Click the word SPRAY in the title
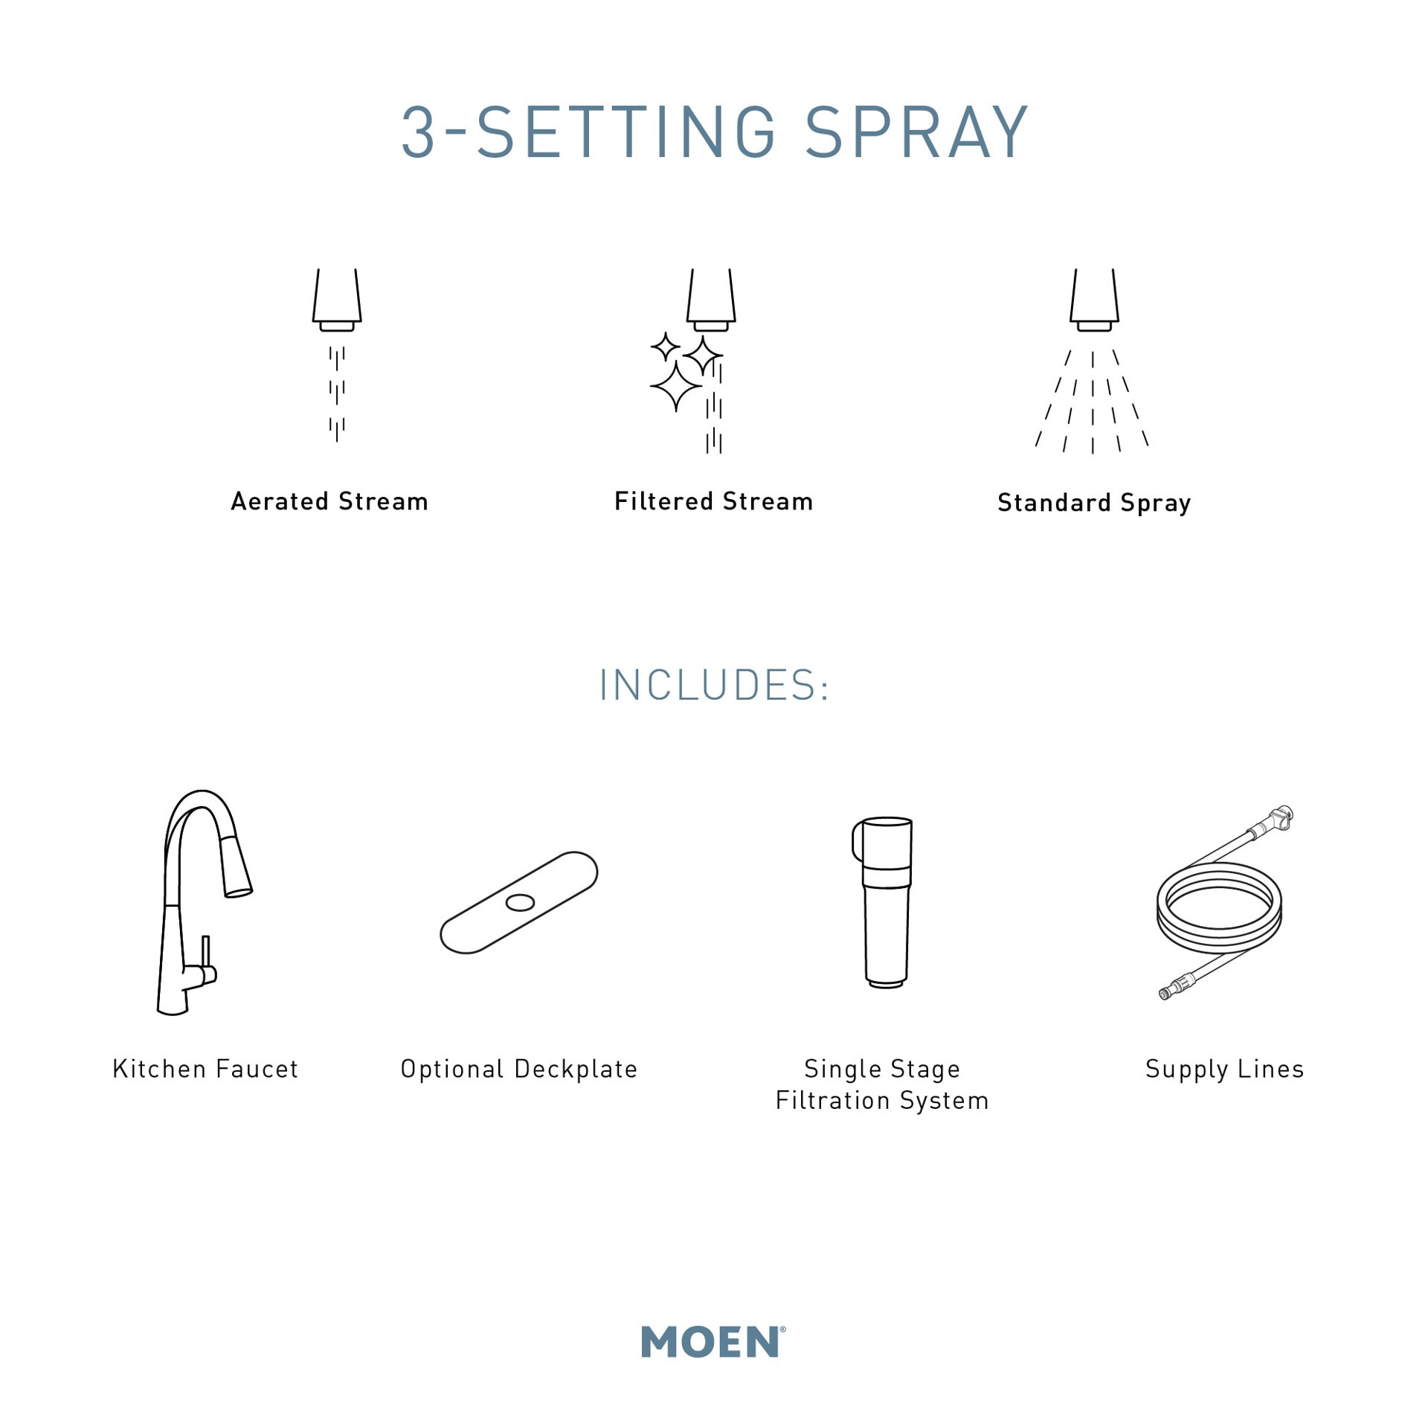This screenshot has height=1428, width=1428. click(916, 133)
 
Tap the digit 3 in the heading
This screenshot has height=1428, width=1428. click(418, 133)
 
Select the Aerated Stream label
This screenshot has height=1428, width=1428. click(329, 501)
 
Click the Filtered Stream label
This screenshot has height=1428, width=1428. click(713, 501)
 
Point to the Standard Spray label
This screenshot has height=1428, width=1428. click(1093, 503)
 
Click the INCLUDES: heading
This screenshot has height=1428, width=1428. click(714, 685)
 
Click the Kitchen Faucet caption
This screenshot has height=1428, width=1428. click(205, 1069)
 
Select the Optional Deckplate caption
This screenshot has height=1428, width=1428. click(519, 1069)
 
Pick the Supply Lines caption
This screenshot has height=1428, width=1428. click(1224, 1069)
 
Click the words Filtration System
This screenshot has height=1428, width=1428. click(882, 1101)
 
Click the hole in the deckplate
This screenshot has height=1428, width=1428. click(520, 903)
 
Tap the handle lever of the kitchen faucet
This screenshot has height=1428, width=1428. click(206, 952)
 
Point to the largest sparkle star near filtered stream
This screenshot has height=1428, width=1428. click(675, 387)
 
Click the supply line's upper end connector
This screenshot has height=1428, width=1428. click(1281, 817)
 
